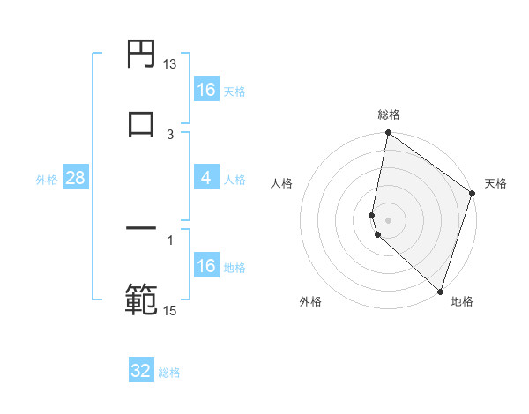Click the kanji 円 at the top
click(141, 54)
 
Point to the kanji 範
click(141, 298)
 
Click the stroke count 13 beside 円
click(170, 64)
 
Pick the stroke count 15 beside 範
click(170, 309)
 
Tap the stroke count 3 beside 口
click(170, 134)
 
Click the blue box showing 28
click(76, 179)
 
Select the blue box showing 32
click(141, 371)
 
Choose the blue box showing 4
click(205, 178)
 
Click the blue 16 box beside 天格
click(206, 90)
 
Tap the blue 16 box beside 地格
click(206, 266)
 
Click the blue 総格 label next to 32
click(169, 373)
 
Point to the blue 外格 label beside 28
click(47, 180)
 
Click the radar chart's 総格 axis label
click(388, 115)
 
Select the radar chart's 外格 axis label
click(310, 301)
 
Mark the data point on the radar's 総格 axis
click(388, 134)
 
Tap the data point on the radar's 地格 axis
click(439, 291)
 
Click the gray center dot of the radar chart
click(388, 219)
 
